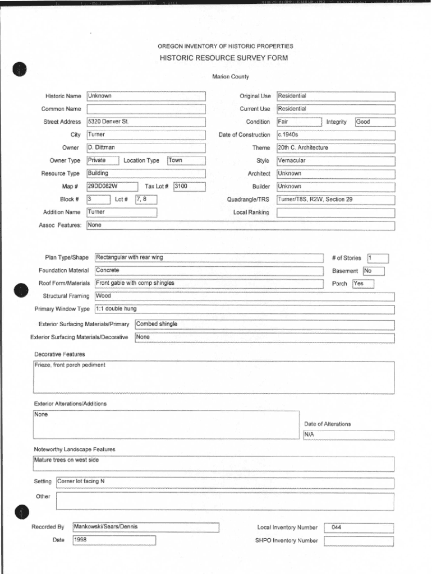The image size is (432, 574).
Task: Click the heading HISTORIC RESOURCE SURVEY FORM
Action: point(224,58)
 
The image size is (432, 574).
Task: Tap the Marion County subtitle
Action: point(230,77)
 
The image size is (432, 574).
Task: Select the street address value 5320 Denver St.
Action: point(108,122)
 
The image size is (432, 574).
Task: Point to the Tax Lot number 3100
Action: point(181,186)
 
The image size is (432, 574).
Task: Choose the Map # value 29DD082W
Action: point(102,186)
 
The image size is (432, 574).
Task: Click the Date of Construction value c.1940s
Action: point(288,135)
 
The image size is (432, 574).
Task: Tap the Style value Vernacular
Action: point(292,160)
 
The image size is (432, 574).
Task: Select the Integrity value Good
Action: point(363,122)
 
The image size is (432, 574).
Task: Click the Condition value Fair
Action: point(283,122)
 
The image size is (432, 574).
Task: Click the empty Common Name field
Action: point(146,109)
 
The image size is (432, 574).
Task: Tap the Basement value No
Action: point(368,271)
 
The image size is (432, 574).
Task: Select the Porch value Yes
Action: point(359,284)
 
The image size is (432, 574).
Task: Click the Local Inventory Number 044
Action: point(337,527)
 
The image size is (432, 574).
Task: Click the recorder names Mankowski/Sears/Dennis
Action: point(105,527)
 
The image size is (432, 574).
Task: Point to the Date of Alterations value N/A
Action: point(310,435)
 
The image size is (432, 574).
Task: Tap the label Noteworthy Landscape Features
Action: point(75,450)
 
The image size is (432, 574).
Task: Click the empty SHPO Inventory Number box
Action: point(359,541)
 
